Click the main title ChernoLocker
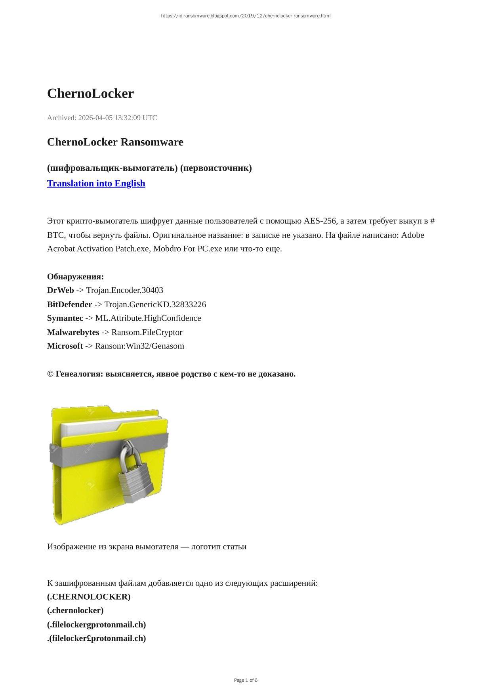coord(90,94)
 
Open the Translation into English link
coord(96,183)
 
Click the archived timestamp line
coord(102,118)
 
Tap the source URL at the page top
coord(246,16)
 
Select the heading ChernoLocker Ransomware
coord(115,142)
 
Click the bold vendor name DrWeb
coord(60,290)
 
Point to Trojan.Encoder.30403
coord(124,290)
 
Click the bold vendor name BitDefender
coord(69,304)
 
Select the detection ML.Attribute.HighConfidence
coord(148,318)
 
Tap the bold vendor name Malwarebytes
coord(73,332)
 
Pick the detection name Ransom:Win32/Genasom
coord(139,346)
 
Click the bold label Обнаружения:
coord(75,277)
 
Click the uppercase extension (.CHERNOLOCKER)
coord(89,597)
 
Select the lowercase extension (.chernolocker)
coord(75,610)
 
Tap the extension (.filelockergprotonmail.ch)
coord(96,624)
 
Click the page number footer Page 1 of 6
coord(246,680)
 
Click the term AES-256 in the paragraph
coord(320,221)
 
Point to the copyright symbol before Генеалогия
coord(50,374)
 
